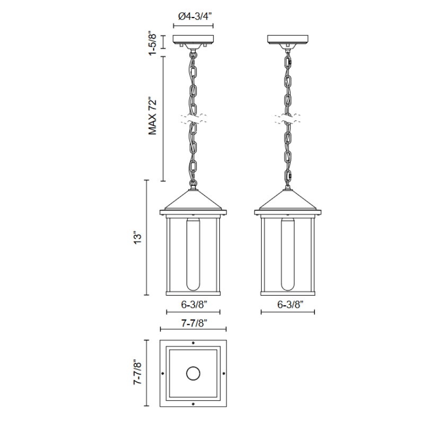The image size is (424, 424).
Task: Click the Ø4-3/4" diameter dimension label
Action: click(195, 16)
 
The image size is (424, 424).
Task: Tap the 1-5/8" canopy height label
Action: click(153, 44)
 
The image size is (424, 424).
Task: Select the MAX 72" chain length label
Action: click(153, 116)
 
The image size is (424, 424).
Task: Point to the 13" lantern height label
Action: click(137, 237)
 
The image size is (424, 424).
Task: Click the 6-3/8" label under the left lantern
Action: click(194, 304)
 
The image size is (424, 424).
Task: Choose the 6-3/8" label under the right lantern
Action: click(290, 304)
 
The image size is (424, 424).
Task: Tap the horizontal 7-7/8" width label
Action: click(194, 323)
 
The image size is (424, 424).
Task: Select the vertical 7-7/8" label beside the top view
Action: click(137, 372)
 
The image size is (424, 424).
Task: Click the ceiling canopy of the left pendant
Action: click(193, 41)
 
